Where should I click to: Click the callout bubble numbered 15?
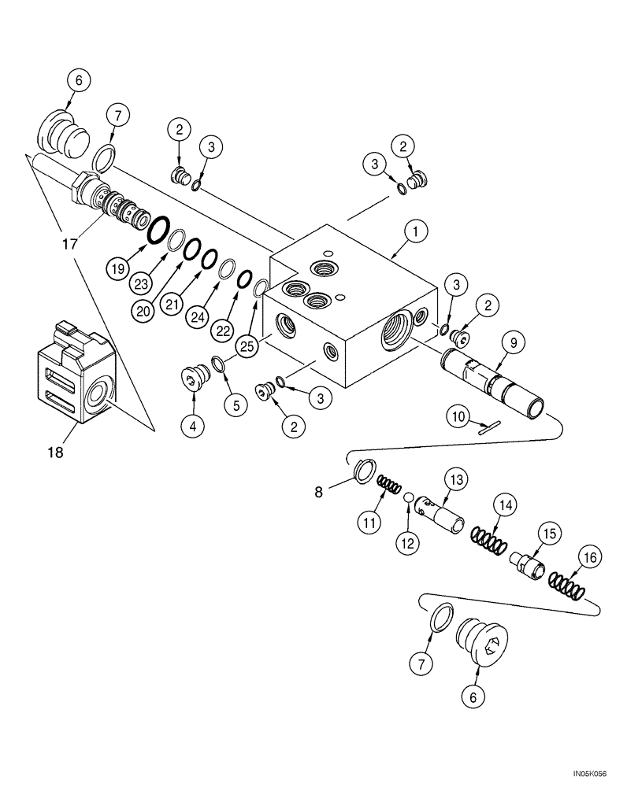[x=547, y=534]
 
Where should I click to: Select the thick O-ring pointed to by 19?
[x=158, y=229]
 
